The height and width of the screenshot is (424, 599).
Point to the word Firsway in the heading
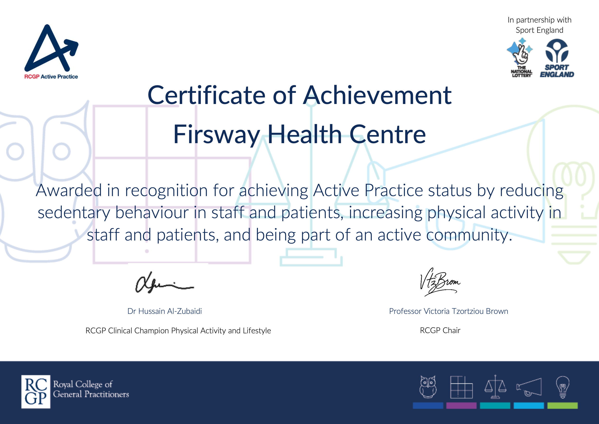point(217,135)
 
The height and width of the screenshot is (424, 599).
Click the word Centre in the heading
point(387,134)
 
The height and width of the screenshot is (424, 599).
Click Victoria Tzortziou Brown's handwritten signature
point(440,282)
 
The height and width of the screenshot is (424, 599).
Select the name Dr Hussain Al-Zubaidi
point(164,311)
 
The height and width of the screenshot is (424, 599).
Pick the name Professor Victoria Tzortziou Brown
point(448,311)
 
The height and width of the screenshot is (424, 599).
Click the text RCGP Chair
point(440,330)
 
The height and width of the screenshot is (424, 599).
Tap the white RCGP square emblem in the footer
point(36,392)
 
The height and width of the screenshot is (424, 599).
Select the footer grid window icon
point(461,387)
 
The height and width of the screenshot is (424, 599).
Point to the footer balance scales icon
point(495,387)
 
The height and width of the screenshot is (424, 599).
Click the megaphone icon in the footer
point(529,387)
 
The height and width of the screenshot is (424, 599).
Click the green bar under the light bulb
point(562,405)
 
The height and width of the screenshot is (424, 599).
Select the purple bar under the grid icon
point(461,405)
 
